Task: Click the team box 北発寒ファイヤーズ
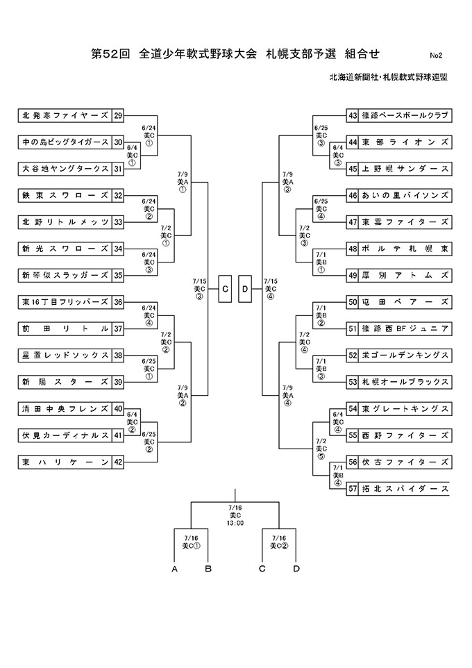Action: point(65,115)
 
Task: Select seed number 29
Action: point(118,115)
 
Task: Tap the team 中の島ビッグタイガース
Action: point(65,142)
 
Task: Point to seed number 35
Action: point(118,275)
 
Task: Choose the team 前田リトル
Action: point(65,328)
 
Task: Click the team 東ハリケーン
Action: point(65,462)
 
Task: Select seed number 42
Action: point(118,462)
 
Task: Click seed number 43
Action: point(353,115)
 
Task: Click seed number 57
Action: point(353,488)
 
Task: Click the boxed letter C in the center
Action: point(226,288)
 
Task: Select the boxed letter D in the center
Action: point(246,288)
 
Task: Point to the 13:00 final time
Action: point(235,523)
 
